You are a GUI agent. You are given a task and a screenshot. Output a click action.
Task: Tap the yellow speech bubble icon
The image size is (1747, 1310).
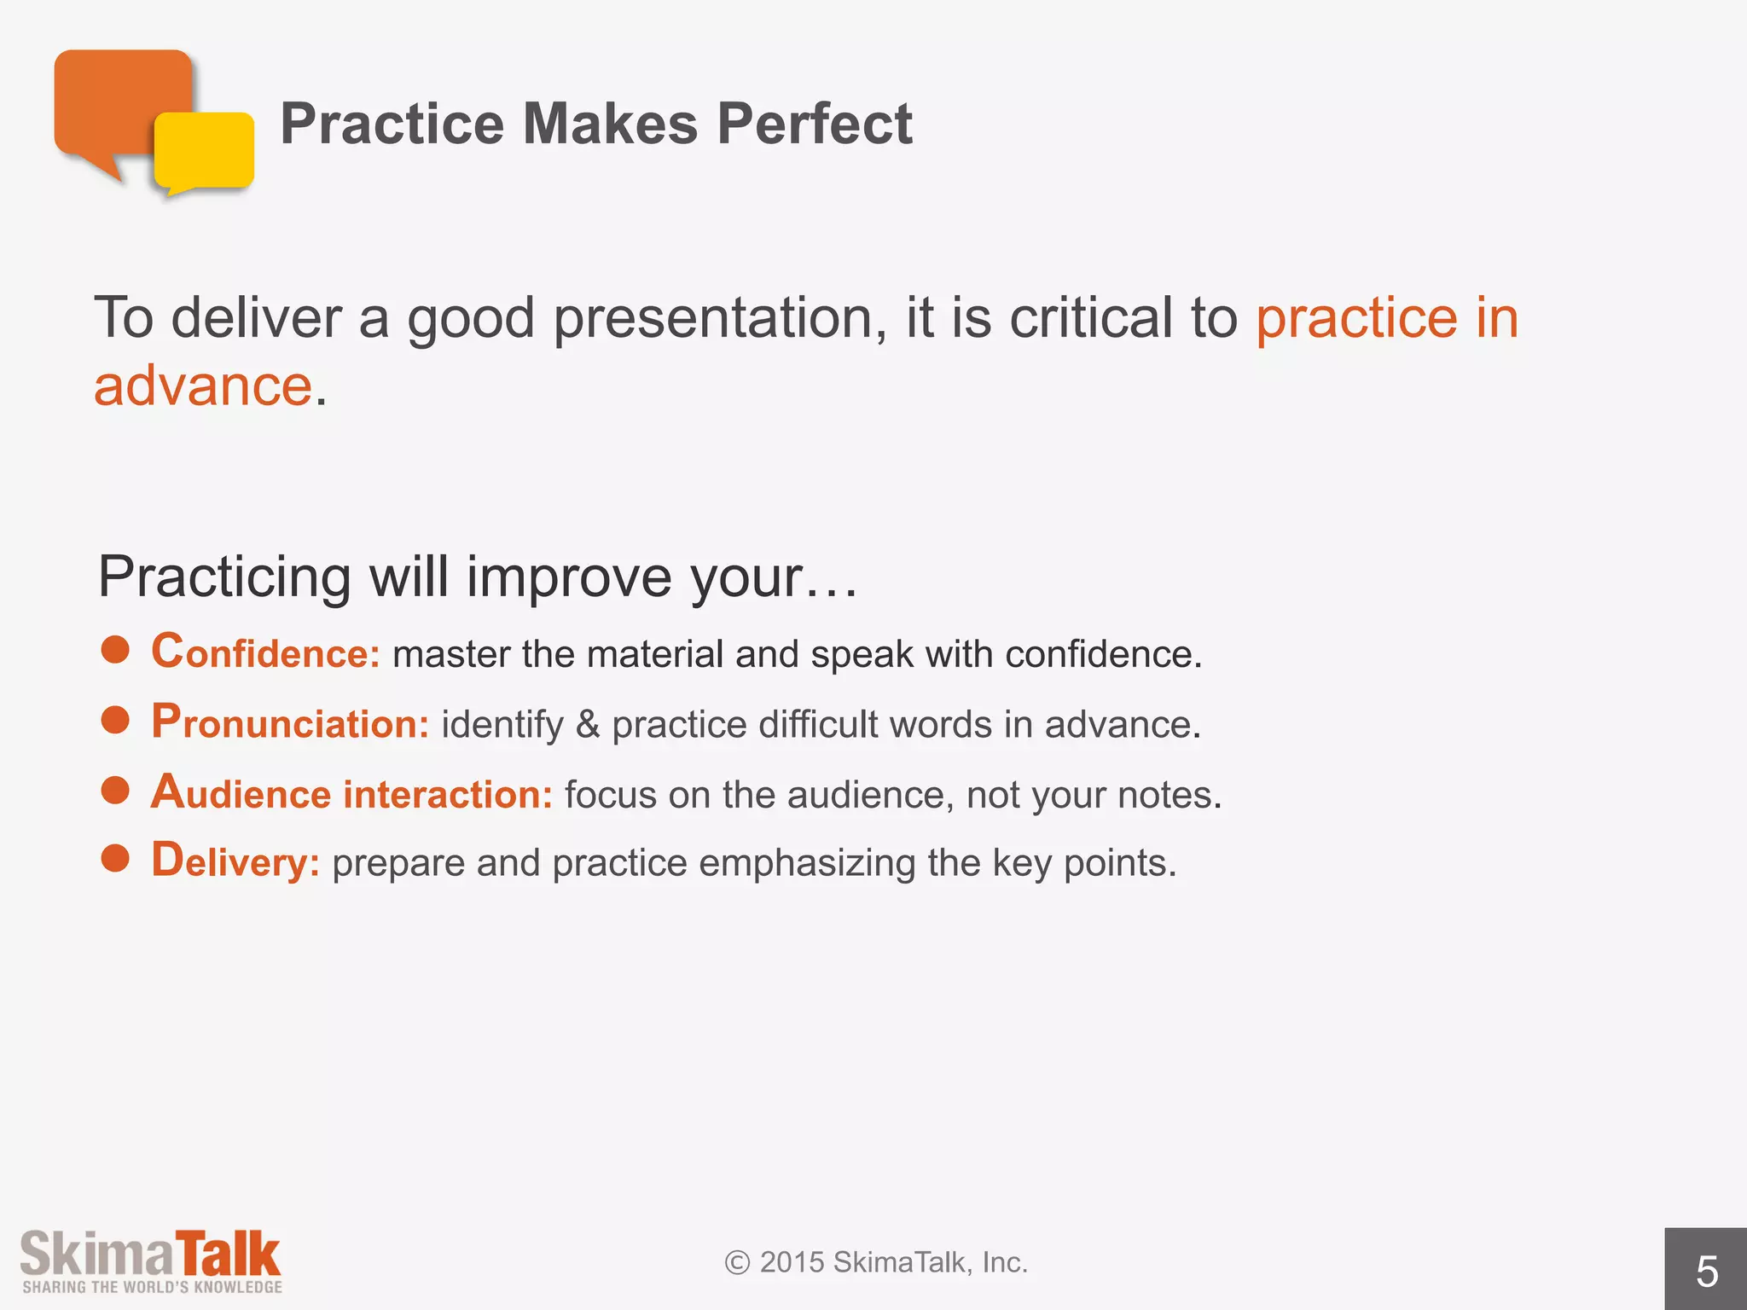click(x=205, y=152)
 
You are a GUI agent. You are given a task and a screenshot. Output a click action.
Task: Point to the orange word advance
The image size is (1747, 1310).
click(x=203, y=386)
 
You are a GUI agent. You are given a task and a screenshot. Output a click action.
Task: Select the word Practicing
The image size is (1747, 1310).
click(x=224, y=577)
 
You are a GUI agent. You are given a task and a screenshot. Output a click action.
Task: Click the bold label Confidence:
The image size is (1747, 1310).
click(x=265, y=652)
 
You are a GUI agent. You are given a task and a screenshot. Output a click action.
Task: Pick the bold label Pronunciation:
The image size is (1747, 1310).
click(x=290, y=723)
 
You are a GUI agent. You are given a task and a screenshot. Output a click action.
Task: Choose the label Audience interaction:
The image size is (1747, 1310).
click(x=351, y=793)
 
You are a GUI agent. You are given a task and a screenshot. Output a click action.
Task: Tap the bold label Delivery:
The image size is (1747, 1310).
click(x=235, y=861)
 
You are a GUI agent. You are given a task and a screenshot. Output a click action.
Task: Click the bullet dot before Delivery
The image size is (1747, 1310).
click(x=115, y=859)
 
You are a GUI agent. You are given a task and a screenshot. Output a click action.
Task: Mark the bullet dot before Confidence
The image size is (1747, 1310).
click(x=115, y=651)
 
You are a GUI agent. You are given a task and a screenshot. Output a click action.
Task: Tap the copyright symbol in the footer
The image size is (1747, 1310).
click(x=737, y=1262)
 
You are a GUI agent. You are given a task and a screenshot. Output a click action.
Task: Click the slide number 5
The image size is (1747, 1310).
click(x=1706, y=1272)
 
